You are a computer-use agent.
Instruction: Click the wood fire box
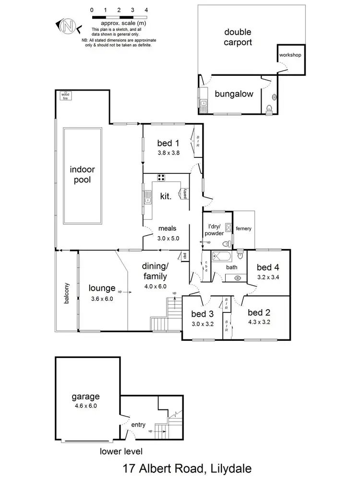[x=64, y=96]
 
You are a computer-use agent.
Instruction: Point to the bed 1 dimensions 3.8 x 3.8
[x=168, y=154]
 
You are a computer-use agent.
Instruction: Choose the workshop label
[x=290, y=55]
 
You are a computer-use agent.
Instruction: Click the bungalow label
[x=234, y=94]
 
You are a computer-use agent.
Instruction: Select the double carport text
[x=239, y=37]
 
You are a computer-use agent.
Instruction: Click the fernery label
[x=243, y=228]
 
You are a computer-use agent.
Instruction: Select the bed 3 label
[x=203, y=314]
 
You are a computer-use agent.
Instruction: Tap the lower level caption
[x=121, y=451]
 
